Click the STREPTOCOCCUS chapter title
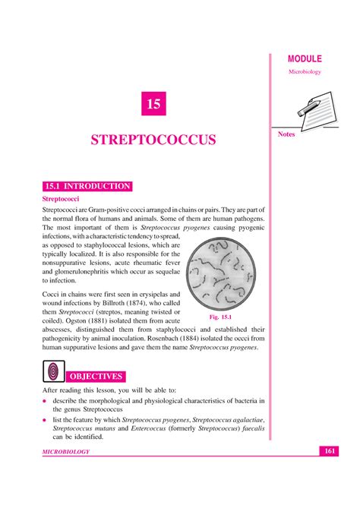153,140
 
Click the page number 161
329,452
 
